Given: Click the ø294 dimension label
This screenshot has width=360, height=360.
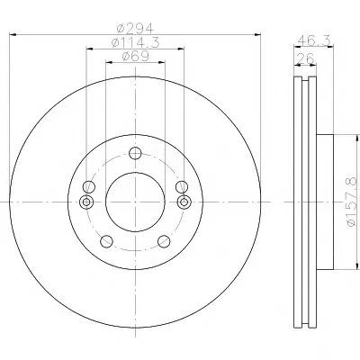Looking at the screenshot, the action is point(135,29).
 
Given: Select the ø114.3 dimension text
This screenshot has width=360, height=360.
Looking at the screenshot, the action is point(135,43).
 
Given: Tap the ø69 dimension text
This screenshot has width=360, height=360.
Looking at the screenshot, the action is point(135,57).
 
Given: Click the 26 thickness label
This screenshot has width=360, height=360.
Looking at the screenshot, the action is point(304,58).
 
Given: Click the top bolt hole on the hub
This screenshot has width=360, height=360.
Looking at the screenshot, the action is point(135,153).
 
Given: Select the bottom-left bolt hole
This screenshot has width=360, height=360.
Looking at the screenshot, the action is point(106,241).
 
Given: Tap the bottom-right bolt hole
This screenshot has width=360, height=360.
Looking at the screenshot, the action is point(164,241).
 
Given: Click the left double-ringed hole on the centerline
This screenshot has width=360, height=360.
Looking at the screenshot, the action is point(86,202).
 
